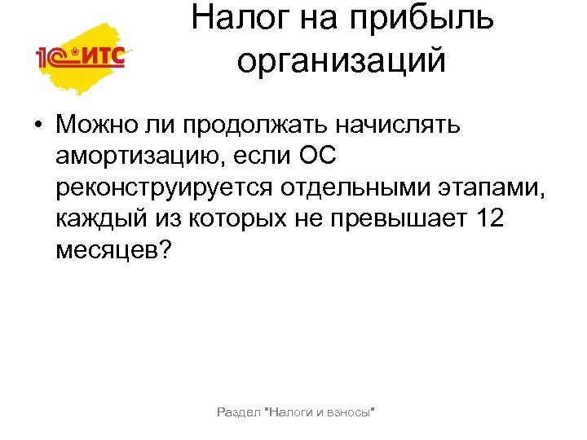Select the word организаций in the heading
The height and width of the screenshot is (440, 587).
tap(342, 61)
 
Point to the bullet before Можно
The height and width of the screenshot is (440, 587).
tap(38, 126)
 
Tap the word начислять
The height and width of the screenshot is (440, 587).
tap(405, 125)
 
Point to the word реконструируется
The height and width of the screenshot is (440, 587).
tap(164, 187)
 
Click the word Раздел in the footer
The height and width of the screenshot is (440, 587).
tap(236, 413)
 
